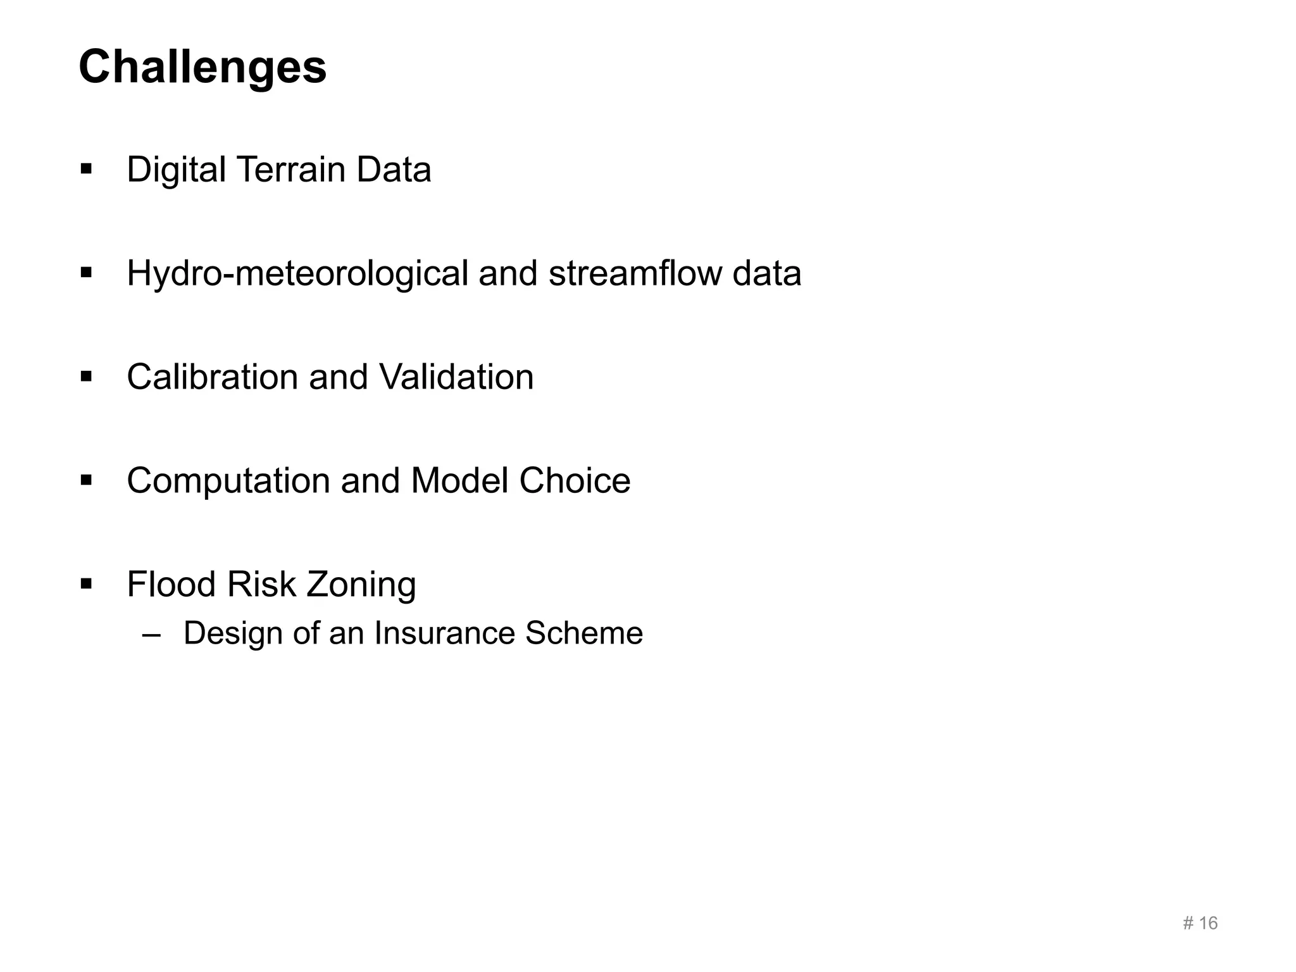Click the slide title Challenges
[x=202, y=67]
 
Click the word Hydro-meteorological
[x=297, y=273]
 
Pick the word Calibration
[x=213, y=377]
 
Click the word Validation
[x=456, y=377]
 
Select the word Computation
[x=228, y=481]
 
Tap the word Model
[x=459, y=481]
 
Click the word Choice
[x=575, y=481]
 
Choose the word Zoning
[x=361, y=585]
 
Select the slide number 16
[x=1208, y=923]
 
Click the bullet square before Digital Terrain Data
[x=87, y=170]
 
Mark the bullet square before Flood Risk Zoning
[x=87, y=584]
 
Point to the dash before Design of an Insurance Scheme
[x=152, y=634]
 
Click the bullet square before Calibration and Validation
[x=87, y=377]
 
